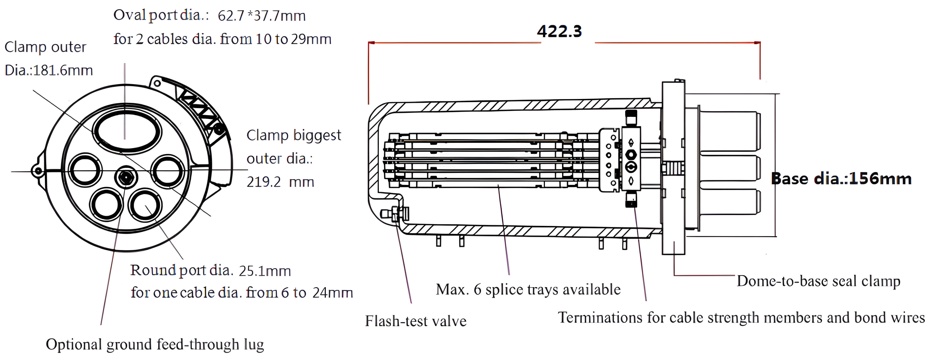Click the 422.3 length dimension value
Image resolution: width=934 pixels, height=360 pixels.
click(x=560, y=32)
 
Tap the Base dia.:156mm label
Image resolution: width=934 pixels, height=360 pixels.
click(x=841, y=179)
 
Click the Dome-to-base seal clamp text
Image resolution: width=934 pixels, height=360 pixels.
click(x=819, y=281)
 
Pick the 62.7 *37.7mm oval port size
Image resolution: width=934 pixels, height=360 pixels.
click(x=261, y=16)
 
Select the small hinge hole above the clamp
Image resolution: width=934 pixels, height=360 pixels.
click(x=157, y=83)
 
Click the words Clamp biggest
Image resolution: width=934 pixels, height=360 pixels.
click(x=294, y=135)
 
